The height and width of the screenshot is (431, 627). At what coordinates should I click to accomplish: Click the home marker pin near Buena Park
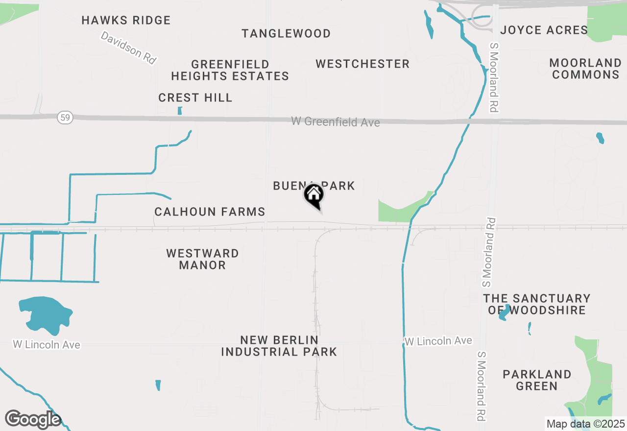coord(313,195)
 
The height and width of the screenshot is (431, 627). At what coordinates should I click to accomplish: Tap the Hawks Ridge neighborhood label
coord(126,21)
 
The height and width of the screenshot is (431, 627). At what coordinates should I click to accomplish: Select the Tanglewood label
coord(286,34)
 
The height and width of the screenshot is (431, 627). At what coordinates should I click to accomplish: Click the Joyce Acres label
coord(544,30)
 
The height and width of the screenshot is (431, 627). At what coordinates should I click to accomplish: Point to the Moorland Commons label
coord(585,69)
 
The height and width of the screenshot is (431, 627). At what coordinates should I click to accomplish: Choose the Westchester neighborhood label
coord(362,64)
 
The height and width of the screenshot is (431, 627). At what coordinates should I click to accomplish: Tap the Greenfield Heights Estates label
coord(230,70)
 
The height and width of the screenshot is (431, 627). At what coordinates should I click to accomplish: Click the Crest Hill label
coord(195,98)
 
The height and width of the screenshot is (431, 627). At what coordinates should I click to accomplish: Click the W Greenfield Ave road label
coord(336,121)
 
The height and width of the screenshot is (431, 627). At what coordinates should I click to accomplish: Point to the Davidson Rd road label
coord(128,48)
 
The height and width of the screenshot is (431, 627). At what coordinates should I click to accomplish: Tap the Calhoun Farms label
coord(210,212)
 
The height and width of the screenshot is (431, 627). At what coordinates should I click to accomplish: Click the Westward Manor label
coord(202,259)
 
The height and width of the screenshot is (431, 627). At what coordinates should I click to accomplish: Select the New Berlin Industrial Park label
coord(279,346)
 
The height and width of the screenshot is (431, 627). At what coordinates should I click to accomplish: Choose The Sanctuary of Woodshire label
coord(536,304)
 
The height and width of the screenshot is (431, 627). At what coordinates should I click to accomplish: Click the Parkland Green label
coord(536,380)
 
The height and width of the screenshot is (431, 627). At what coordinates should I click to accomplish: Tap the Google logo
coord(33,420)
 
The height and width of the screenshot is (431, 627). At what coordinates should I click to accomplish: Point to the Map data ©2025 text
coord(585,424)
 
